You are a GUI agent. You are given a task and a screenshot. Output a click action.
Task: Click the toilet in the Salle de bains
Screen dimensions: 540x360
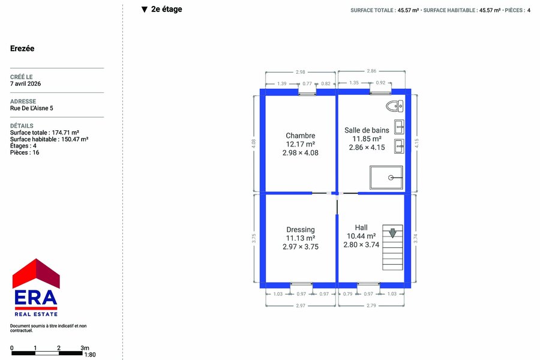pyautogui.click(x=394, y=106)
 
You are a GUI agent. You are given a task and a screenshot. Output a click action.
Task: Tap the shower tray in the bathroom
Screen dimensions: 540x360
pyautogui.click(x=386, y=178)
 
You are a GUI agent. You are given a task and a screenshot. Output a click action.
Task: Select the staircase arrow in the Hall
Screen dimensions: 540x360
pyautogui.click(x=392, y=233)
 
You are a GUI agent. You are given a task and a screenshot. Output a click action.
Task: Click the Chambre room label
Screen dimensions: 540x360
pyautogui.click(x=301, y=136)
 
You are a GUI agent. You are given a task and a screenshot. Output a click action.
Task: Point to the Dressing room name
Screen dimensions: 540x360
pyautogui.click(x=301, y=230)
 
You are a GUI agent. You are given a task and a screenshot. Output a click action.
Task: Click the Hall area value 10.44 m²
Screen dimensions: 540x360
pyautogui.click(x=361, y=236)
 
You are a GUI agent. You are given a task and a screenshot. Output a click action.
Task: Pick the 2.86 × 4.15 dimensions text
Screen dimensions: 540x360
pyautogui.click(x=367, y=148)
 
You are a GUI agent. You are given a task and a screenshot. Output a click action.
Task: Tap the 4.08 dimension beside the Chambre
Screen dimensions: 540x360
pyautogui.click(x=254, y=143)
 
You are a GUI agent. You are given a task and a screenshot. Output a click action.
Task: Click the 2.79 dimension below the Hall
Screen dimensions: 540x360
pyautogui.click(x=371, y=305)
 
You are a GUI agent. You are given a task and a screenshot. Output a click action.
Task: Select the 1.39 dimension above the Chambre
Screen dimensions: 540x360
pyautogui.click(x=282, y=83)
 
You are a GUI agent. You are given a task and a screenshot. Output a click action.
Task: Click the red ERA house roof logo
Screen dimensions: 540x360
pyautogui.click(x=36, y=273)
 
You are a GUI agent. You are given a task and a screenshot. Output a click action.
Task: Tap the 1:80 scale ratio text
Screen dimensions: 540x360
pyautogui.click(x=90, y=355)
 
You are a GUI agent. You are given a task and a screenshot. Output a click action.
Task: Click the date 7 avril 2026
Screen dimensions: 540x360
pyautogui.click(x=25, y=84)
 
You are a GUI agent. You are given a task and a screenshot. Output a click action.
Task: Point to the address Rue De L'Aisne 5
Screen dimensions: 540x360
pyautogui.click(x=32, y=108)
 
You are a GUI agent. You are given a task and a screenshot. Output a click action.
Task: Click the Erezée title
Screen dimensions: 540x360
pyautogui.click(x=22, y=48)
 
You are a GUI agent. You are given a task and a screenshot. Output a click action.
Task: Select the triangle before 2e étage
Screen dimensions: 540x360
pyautogui.click(x=145, y=10)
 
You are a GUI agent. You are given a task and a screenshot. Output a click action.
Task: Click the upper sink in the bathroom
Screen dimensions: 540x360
pyautogui.click(x=399, y=127)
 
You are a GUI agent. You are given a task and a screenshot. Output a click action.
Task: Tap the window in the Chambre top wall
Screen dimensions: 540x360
pyautogui.click(x=307, y=92)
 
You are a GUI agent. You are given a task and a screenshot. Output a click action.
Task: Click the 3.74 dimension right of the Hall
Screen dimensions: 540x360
pyautogui.click(x=416, y=238)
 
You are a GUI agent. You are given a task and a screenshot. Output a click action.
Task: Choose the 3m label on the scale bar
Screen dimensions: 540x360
pyautogui.click(x=85, y=348)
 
